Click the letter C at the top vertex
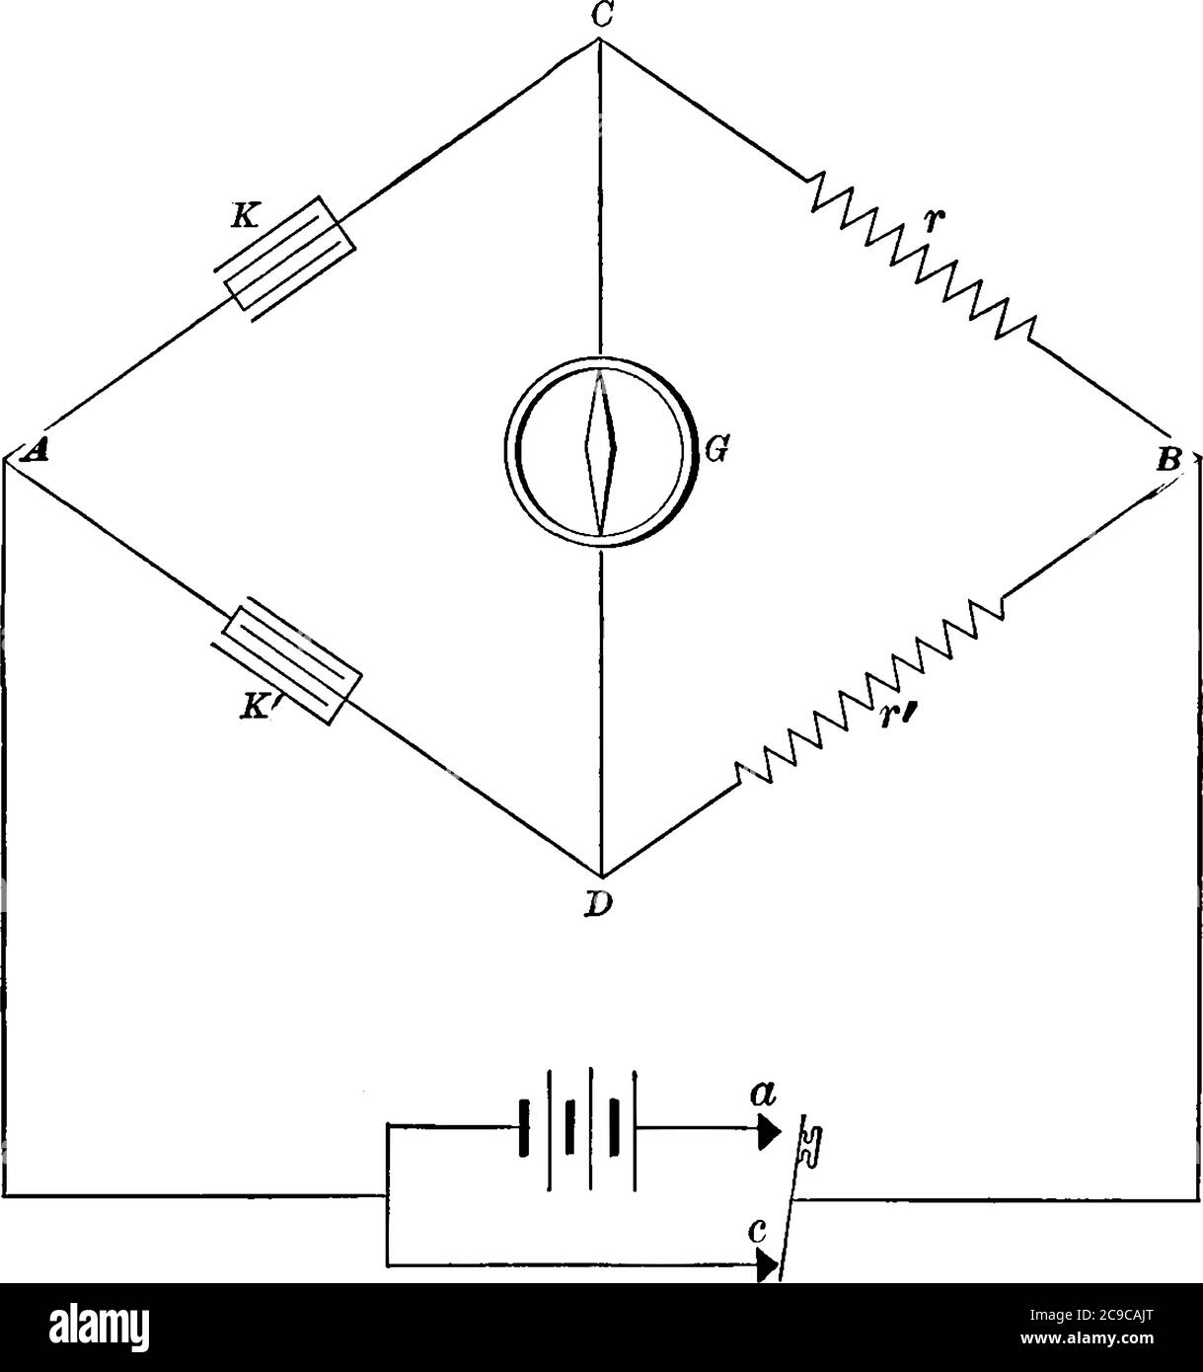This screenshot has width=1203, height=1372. tap(599, 16)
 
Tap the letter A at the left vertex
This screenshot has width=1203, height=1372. tap(37, 451)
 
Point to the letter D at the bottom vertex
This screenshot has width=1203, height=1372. tap(597, 903)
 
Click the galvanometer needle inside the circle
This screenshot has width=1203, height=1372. tap(600, 449)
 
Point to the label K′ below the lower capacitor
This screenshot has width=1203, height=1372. tap(262, 708)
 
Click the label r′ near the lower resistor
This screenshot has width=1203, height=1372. tap(893, 713)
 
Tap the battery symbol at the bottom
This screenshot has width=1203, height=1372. tap(578, 1125)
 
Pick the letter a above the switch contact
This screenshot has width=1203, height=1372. tap(763, 1094)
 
